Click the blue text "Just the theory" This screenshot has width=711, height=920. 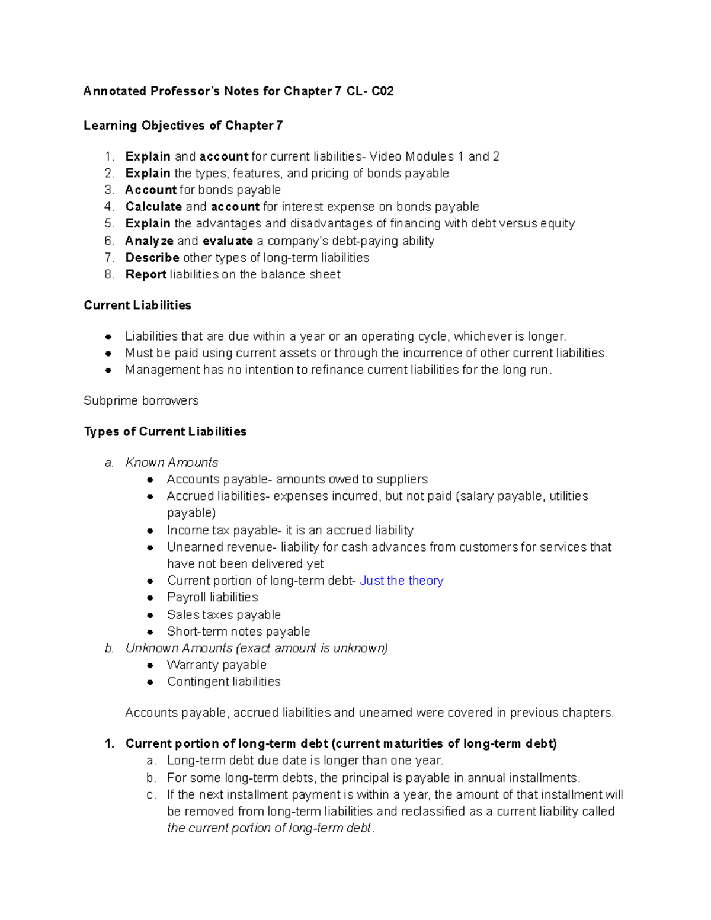401,581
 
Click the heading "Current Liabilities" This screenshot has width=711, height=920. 137,305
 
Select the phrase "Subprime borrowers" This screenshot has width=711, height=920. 141,400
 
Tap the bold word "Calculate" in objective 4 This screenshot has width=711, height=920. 153,207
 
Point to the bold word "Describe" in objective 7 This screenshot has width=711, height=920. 152,258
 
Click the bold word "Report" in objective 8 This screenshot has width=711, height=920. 146,274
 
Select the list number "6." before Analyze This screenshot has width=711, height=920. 109,241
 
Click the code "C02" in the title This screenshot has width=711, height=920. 382,91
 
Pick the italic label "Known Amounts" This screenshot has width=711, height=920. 172,462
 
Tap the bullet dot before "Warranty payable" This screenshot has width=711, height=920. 150,665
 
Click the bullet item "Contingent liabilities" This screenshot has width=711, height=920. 223,682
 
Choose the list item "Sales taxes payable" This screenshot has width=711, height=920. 223,615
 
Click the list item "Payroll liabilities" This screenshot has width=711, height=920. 212,597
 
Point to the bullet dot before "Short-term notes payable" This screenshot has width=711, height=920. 150,632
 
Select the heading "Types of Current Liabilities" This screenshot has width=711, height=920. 165,431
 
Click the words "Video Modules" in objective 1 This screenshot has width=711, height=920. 411,156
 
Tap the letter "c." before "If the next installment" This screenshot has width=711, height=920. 151,795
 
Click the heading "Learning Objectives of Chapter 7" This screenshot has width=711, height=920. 183,126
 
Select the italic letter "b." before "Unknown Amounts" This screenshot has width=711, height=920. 109,649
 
